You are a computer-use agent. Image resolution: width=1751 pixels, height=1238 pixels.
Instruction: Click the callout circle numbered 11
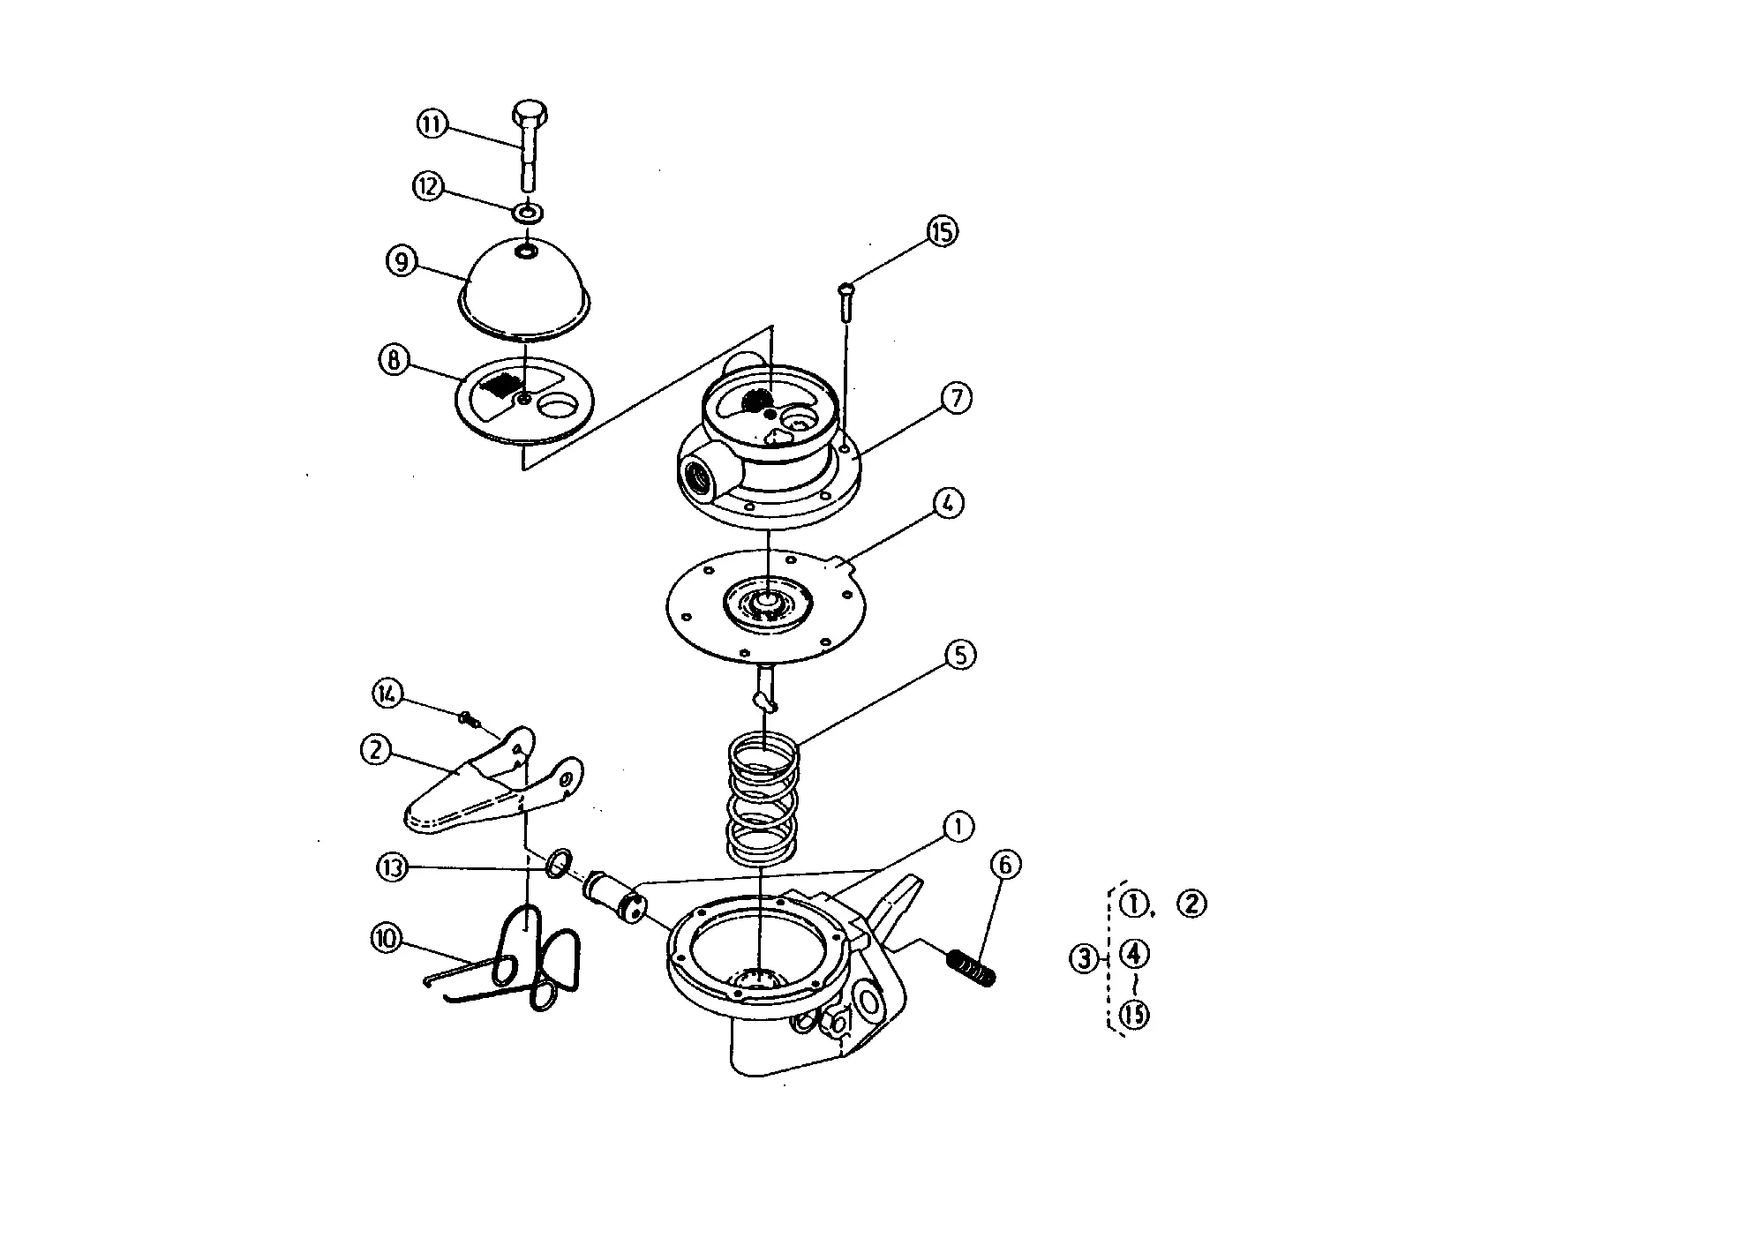[432, 124]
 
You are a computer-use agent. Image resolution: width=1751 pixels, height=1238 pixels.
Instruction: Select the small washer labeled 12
[528, 213]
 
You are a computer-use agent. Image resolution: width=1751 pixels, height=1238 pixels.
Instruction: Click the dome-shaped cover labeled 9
[524, 287]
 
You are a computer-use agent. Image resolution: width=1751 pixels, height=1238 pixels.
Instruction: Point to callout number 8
[394, 360]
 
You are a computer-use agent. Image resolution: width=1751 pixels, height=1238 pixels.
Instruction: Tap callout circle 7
[956, 397]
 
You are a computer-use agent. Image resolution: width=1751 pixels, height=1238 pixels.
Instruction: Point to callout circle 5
[960, 655]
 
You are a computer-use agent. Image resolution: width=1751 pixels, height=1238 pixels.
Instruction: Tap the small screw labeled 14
[469, 719]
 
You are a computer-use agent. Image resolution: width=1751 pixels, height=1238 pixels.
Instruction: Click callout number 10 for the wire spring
[387, 939]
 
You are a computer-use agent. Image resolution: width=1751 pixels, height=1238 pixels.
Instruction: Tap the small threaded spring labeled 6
[972, 968]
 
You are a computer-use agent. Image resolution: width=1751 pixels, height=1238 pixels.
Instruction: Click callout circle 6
[1005, 866]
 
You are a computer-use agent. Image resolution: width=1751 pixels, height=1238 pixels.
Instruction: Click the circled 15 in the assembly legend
[1134, 1015]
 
